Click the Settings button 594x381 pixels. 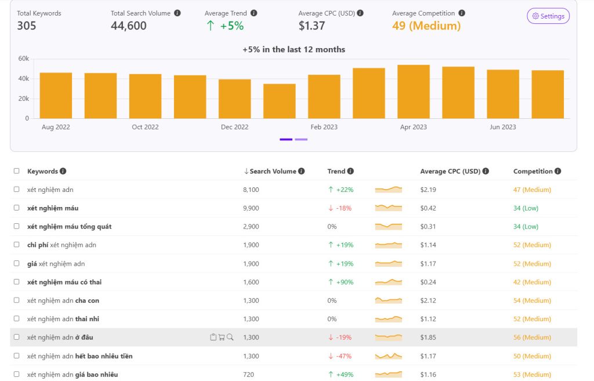click(548, 16)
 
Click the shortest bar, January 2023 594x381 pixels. click(279, 101)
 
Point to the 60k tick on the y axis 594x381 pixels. click(23, 59)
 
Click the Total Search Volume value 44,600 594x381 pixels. click(129, 26)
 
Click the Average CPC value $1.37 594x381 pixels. click(312, 26)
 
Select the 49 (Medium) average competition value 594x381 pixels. click(426, 26)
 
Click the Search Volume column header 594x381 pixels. click(273, 172)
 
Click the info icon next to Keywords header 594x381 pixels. click(63, 172)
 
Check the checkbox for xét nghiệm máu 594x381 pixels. click(17, 208)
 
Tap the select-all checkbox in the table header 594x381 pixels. click(17, 171)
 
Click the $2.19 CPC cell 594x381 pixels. click(428, 190)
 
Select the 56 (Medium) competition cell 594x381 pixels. click(532, 338)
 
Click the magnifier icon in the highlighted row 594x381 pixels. click(230, 337)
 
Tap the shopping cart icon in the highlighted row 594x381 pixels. click(222, 337)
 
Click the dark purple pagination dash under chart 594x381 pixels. click(286, 139)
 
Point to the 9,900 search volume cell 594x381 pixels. click(251, 208)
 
